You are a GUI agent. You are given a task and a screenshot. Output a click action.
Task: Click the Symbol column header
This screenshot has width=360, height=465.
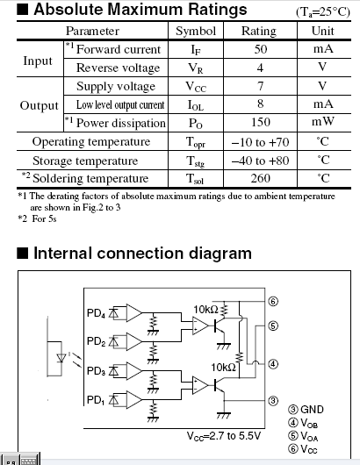point(196,31)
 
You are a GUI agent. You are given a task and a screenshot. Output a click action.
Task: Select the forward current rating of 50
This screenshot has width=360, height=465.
point(260,49)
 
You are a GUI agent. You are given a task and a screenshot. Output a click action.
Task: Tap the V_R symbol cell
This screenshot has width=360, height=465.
point(196,68)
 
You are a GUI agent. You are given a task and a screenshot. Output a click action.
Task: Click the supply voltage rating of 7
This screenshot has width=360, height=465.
point(260,86)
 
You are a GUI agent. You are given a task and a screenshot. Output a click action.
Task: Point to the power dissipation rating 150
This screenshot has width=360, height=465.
point(260,122)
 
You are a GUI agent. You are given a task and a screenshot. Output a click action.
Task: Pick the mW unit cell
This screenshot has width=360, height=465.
point(323,122)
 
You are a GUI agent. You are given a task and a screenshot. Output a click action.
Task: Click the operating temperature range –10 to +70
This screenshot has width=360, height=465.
point(260,142)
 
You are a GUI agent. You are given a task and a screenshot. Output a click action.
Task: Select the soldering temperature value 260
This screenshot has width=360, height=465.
point(260,178)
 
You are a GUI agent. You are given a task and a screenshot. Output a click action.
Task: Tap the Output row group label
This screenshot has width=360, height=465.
point(40,106)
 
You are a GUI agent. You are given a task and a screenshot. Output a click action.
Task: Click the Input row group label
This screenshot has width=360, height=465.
point(38,61)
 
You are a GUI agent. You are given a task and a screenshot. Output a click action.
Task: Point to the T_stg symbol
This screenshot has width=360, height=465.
point(195,161)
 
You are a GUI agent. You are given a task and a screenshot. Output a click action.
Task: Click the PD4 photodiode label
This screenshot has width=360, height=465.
point(96,313)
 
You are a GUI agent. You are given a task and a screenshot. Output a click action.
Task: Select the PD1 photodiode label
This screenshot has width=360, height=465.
point(96,400)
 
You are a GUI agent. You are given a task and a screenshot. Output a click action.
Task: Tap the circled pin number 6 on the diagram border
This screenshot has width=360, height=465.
point(273,301)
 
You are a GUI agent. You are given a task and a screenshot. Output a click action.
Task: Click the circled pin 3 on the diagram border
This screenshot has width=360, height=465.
point(273,401)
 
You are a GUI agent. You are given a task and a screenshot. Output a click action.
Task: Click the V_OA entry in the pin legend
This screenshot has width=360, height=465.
point(303,436)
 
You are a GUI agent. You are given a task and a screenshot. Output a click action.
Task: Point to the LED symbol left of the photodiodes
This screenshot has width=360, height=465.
point(61,358)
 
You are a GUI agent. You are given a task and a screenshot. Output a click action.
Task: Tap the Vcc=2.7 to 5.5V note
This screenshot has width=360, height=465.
point(224,436)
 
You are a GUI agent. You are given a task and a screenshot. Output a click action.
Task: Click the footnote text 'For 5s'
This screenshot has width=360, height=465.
point(44,218)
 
